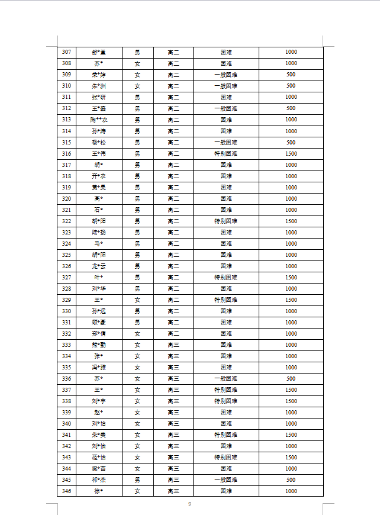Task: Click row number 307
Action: tap(66, 52)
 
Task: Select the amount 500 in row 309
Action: tap(291, 75)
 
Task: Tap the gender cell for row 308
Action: tap(137, 63)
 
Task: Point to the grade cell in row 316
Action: tap(173, 153)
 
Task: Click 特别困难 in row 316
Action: tap(226, 153)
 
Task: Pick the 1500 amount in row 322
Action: tap(291, 221)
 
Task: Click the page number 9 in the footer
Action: tap(189, 504)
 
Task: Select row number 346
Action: tap(66, 491)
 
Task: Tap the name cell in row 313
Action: tap(98, 120)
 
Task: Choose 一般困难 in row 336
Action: tap(226, 379)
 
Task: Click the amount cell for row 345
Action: tap(291, 480)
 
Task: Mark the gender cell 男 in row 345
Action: tap(137, 480)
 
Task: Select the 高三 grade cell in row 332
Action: tap(173, 334)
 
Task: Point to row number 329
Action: tap(66, 300)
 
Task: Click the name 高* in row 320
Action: tap(98, 198)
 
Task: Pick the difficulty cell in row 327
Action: tap(226, 278)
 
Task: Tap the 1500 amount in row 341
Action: tap(291, 435)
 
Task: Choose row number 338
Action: tap(66, 401)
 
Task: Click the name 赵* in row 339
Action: tap(98, 413)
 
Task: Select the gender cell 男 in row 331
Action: tap(137, 323)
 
